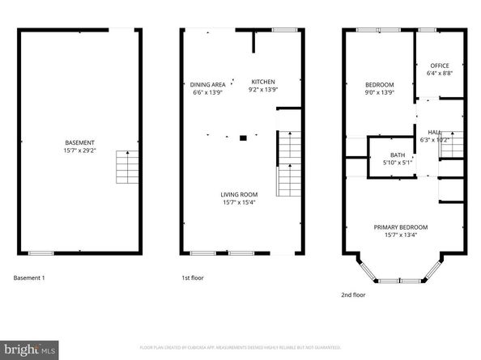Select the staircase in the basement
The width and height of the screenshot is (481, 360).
click(x=126, y=167)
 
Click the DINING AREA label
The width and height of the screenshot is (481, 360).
click(x=206, y=83)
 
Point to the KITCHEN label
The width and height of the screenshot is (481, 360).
click(x=263, y=82)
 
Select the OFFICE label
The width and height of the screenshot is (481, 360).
click(x=440, y=66)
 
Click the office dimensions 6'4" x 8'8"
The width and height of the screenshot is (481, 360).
click(x=440, y=74)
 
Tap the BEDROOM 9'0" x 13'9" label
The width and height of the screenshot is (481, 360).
click(x=379, y=85)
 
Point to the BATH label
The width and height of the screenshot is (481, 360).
click(x=398, y=155)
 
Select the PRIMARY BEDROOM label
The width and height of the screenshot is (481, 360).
click(x=400, y=227)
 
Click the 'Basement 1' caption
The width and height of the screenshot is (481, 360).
click(x=29, y=278)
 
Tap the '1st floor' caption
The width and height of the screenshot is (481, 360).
click(x=192, y=278)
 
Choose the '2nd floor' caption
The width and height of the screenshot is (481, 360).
click(x=353, y=295)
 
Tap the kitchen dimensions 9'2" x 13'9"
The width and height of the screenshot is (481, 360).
click(x=263, y=91)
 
